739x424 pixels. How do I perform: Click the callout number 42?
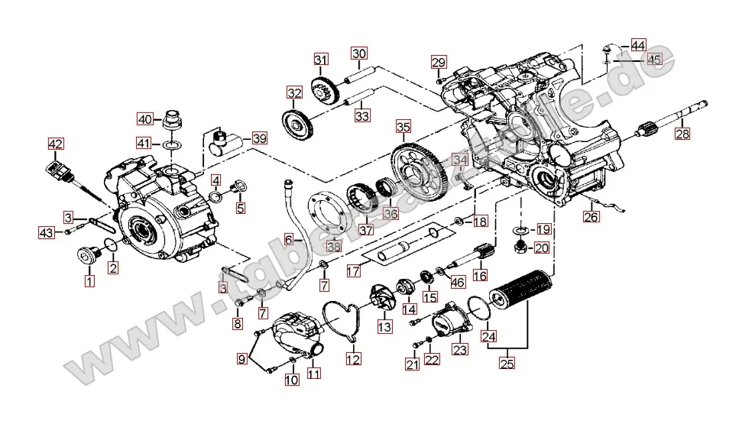56,143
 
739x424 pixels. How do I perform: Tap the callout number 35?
403,127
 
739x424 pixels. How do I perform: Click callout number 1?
89,281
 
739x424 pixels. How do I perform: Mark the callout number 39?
260,138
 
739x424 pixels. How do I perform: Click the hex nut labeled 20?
519,246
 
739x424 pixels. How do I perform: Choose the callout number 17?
353,270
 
